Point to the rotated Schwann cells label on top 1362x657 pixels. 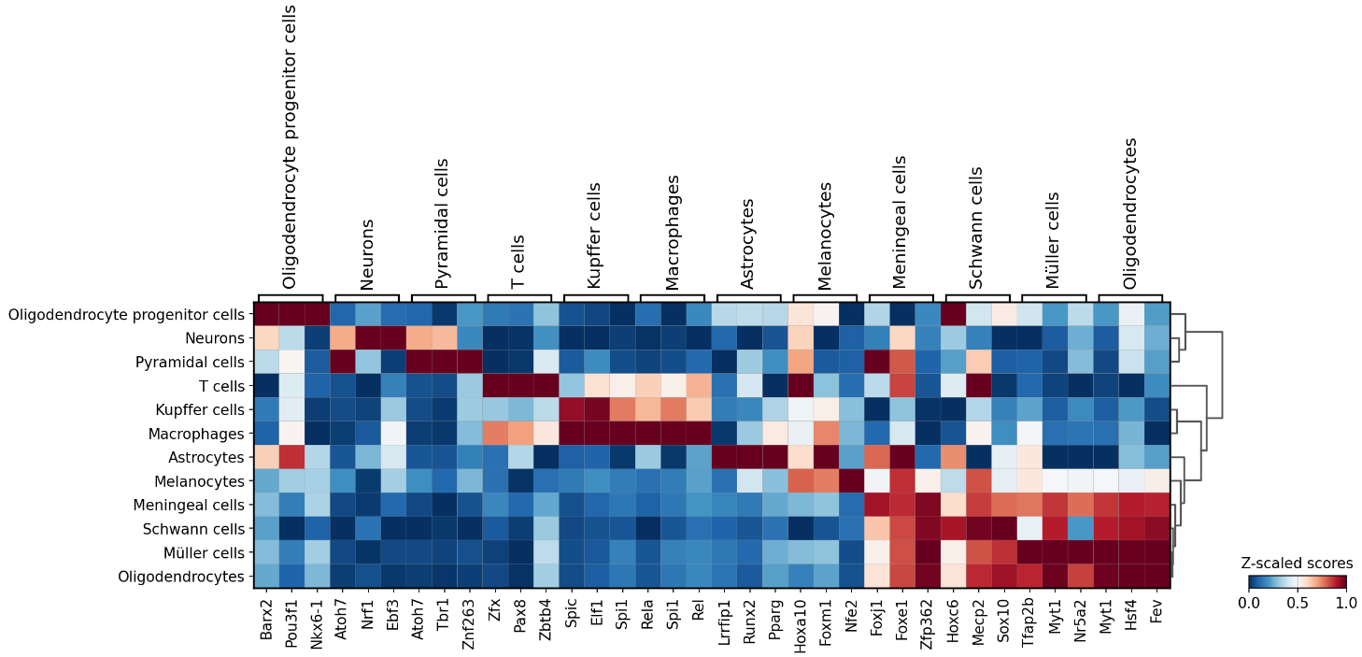point(977,228)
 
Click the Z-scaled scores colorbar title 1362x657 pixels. point(1297,564)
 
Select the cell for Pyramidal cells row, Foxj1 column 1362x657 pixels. point(878,362)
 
